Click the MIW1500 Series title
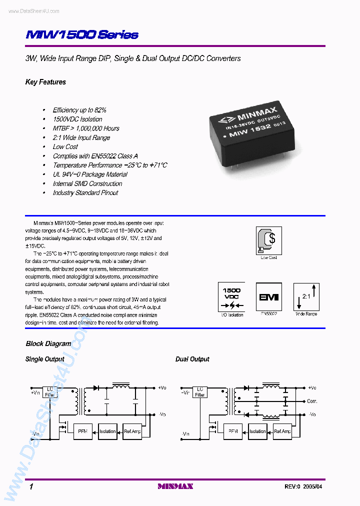pos(82,35)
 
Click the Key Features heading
pos(45,82)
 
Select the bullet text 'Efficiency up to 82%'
pos(79,110)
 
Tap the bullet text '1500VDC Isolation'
pos(77,119)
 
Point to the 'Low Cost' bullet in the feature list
pos(65,146)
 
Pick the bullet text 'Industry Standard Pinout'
pos(85,192)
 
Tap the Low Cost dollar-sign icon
pos(269,240)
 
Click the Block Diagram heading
pos(48,343)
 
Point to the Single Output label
pos(45,359)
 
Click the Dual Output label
pos(192,359)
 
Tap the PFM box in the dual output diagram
pos(233,431)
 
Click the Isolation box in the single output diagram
pos(107,431)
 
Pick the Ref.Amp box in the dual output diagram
pos(282,431)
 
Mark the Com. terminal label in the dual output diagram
pos(312,401)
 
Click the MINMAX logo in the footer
pos(175,486)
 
